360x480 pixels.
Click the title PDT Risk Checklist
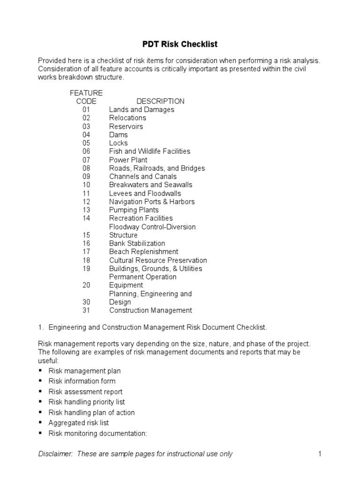tap(180, 45)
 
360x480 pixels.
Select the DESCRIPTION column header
tap(160, 101)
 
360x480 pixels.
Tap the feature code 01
tap(86, 110)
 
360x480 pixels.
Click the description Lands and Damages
tap(142, 110)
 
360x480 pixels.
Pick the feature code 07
tap(86, 160)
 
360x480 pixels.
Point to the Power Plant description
tap(128, 160)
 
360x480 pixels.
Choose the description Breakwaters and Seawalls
tap(150, 185)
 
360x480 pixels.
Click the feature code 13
tap(86, 210)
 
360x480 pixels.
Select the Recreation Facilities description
tap(141, 218)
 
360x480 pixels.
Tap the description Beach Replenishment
tap(143, 252)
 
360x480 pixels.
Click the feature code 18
tap(86, 260)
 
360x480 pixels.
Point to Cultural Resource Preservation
tap(158, 260)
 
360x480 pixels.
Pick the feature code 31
tap(86, 310)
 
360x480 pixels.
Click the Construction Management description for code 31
tap(150, 310)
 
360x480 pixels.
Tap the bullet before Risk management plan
tap(40, 371)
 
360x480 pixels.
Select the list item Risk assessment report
tap(85, 392)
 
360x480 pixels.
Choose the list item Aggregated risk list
tap(79, 423)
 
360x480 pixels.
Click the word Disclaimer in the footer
tap(55, 454)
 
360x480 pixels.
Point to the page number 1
tap(319, 454)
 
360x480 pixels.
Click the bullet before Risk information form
tap(40, 381)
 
